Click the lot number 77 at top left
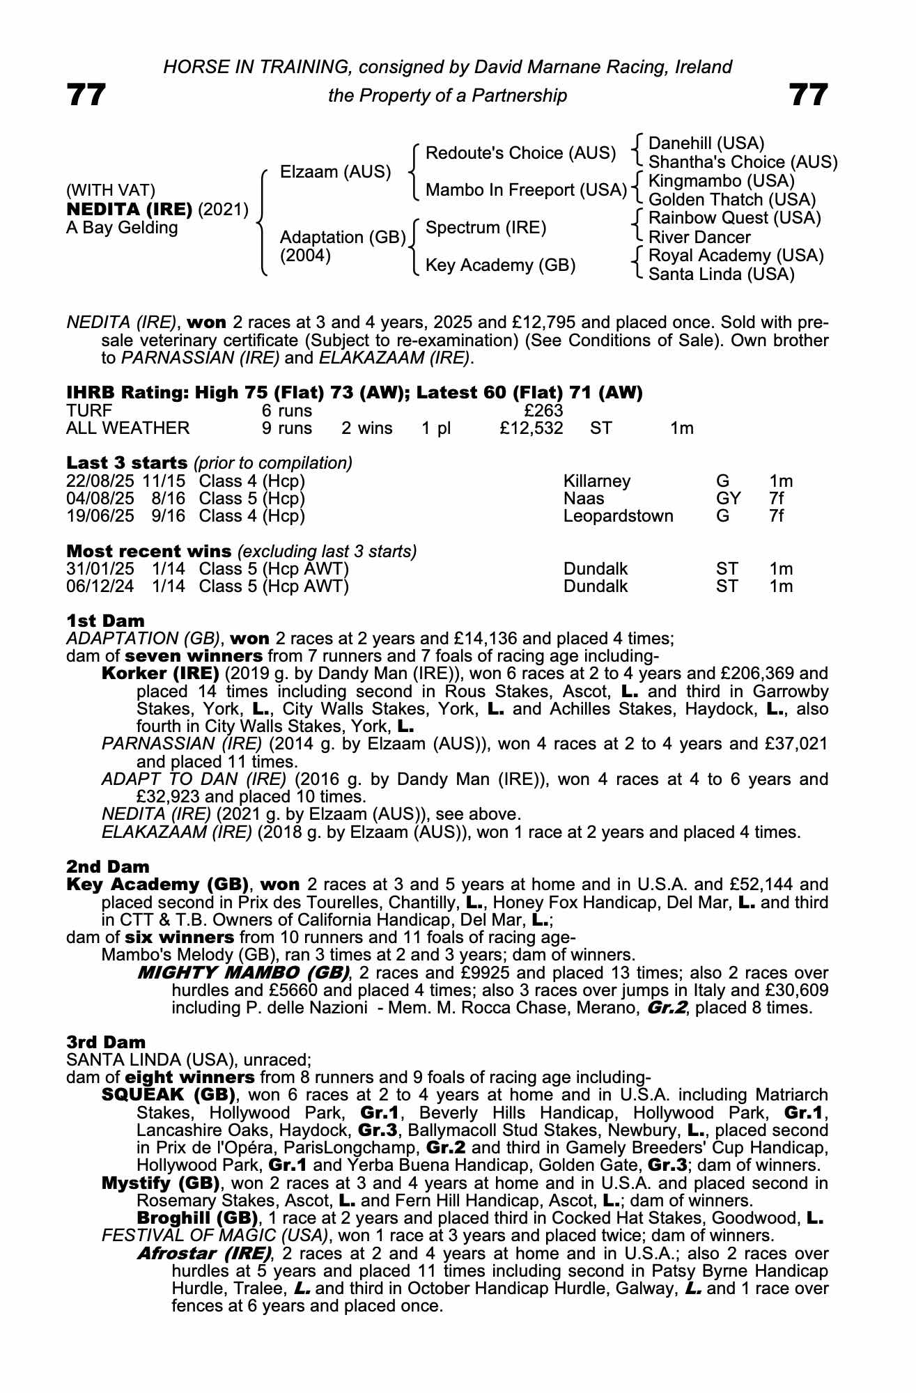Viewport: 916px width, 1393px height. (86, 95)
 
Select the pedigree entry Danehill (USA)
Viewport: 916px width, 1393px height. (706, 143)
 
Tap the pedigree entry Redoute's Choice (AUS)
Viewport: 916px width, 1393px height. (520, 153)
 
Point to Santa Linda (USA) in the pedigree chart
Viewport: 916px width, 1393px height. (721, 274)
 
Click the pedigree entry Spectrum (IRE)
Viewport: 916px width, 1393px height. (486, 228)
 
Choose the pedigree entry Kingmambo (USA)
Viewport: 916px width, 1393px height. (721, 181)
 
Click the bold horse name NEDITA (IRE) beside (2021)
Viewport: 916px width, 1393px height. (129, 210)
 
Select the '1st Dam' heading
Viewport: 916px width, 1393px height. (106, 621)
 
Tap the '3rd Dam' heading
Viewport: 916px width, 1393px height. (106, 1042)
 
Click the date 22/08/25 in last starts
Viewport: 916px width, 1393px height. (100, 481)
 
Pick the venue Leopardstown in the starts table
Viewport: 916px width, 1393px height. (618, 516)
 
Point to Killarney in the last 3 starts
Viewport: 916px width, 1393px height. (596, 481)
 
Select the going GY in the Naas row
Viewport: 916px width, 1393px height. (728, 499)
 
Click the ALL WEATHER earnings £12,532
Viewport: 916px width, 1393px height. (531, 428)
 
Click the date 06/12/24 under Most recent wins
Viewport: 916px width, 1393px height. (100, 586)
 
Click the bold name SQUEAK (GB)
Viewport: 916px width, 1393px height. (168, 1095)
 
